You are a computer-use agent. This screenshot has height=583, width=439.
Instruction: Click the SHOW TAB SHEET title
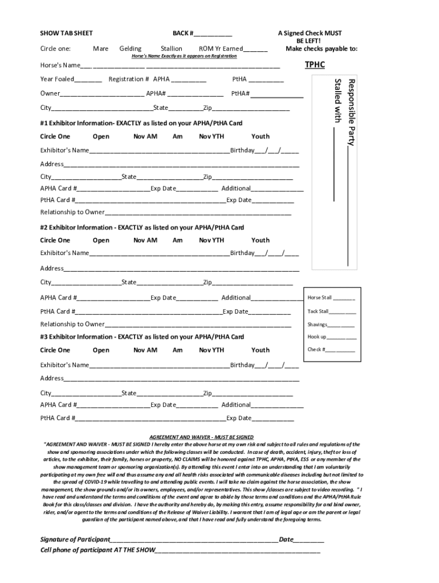pyautogui.click(x=66, y=34)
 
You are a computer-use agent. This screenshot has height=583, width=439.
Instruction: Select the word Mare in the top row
pyautogui.click(x=100, y=49)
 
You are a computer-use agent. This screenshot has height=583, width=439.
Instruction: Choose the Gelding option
pyautogui.click(x=131, y=49)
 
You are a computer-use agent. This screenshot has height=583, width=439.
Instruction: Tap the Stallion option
pyautogui.click(x=171, y=49)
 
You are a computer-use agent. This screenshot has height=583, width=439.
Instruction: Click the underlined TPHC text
pyautogui.click(x=314, y=65)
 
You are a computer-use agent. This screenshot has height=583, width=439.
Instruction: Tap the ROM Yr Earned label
pyautogui.click(x=221, y=49)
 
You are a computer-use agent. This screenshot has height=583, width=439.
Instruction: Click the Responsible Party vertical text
pyautogui.click(x=352, y=112)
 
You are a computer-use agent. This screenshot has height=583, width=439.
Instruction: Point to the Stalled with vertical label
pyautogui.click(x=338, y=100)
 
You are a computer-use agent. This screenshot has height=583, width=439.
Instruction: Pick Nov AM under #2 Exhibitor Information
pyautogui.click(x=145, y=240)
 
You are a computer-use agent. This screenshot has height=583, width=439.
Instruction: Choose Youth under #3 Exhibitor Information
pyautogui.click(x=260, y=350)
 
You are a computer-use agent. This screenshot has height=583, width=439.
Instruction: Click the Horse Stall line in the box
pyautogui.click(x=331, y=298)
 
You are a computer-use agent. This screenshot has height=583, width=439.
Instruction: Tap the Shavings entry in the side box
pyautogui.click(x=331, y=325)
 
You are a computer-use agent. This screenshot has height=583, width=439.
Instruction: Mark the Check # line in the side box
pyautogui.click(x=331, y=350)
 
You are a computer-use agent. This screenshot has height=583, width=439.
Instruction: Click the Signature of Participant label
pyautogui.click(x=74, y=540)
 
